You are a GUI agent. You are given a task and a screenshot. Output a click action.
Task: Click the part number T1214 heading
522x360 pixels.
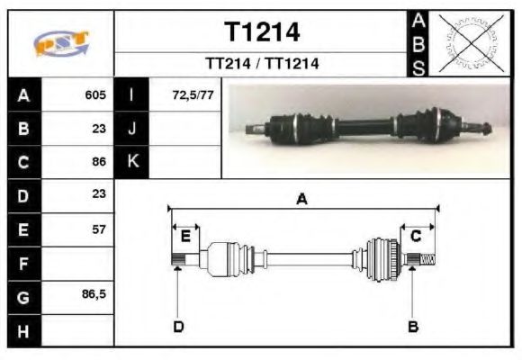click(x=262, y=32)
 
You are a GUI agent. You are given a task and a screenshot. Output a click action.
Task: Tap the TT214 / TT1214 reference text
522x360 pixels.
click(x=262, y=64)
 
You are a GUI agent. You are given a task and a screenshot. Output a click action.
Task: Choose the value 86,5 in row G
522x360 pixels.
click(x=94, y=296)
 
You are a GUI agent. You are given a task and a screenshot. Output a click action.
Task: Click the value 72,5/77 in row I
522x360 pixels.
click(x=192, y=94)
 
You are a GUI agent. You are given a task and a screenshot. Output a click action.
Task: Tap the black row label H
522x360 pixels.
click(x=22, y=331)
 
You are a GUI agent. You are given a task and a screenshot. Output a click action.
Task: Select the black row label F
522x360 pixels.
click(x=22, y=264)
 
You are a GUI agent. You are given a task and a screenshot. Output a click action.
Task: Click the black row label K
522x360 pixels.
click(x=132, y=162)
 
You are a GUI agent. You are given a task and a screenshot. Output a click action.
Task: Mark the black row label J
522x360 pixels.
click(x=132, y=129)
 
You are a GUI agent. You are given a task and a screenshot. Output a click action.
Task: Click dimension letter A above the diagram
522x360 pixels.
click(x=302, y=199)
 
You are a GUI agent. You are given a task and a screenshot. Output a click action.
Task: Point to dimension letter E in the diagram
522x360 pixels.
click(x=185, y=236)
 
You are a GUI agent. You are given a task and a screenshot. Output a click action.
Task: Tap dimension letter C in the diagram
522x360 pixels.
click(x=416, y=236)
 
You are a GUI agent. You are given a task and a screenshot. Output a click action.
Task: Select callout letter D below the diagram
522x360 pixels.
click(x=178, y=326)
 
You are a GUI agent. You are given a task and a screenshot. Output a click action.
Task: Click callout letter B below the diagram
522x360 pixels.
click(x=413, y=326)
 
